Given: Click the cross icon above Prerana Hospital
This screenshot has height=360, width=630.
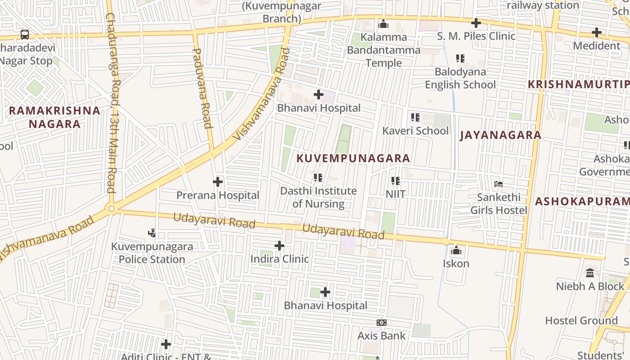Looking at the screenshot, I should click(218, 182).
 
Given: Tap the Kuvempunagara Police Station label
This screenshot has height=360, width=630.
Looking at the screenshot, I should click(152, 253).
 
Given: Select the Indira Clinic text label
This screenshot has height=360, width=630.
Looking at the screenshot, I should click(279, 259).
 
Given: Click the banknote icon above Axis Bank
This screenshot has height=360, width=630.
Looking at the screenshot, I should click(382, 323).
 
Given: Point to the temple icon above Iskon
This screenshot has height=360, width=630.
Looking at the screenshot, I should click(456, 250).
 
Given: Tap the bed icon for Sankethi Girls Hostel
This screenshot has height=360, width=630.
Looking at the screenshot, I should click(499, 184).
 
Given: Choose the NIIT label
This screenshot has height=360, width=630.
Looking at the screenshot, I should click(396, 194).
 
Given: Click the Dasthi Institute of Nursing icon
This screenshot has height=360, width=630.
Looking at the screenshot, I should click(318, 178).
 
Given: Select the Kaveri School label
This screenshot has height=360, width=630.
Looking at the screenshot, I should click(415, 130).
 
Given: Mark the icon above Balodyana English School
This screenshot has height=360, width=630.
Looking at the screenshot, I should click(460, 58).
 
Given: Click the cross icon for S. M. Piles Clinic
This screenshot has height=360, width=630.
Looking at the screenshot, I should click(476, 22).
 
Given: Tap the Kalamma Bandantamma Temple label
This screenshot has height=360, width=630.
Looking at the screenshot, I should click(383, 50).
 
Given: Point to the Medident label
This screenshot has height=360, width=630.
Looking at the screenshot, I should click(597, 45).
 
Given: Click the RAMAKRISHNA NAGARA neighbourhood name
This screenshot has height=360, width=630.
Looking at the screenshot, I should click(54, 117).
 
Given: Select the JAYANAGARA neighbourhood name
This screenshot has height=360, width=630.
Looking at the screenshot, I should click(500, 135).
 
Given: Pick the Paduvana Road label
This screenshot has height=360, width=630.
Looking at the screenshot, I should click(202, 88).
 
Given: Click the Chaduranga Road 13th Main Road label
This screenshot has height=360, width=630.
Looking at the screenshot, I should click(112, 103).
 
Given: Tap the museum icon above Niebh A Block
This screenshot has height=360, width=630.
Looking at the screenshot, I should click(590, 273).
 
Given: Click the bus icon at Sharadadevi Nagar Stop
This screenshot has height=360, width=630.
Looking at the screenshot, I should click(25, 35).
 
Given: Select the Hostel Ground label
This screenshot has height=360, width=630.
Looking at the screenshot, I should click(581, 320).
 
